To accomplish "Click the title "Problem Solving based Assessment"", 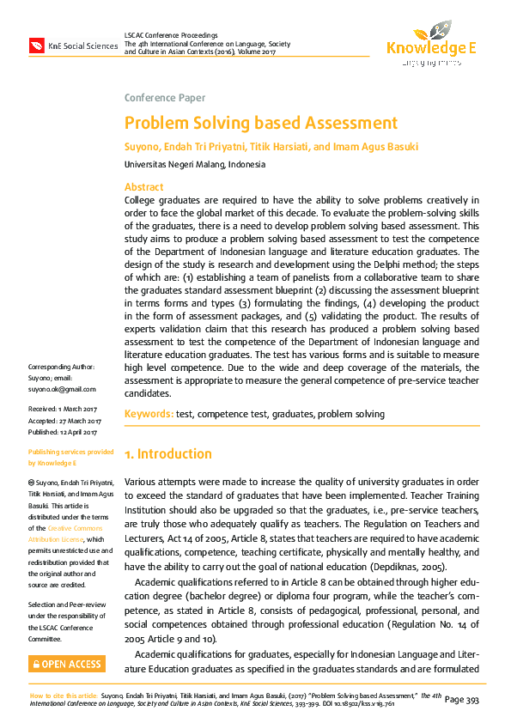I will tap(261, 123).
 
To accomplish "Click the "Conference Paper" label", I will tap(165, 98).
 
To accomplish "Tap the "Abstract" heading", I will tap(143, 187).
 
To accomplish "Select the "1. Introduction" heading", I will tap(168, 453).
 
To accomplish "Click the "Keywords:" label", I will tap(149, 414).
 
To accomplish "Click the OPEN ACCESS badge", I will tap(66, 664).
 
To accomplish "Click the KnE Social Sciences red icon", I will tap(37, 45).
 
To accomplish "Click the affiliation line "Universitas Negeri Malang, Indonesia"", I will tap(195, 164).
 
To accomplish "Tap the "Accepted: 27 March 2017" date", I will tap(65, 420).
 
